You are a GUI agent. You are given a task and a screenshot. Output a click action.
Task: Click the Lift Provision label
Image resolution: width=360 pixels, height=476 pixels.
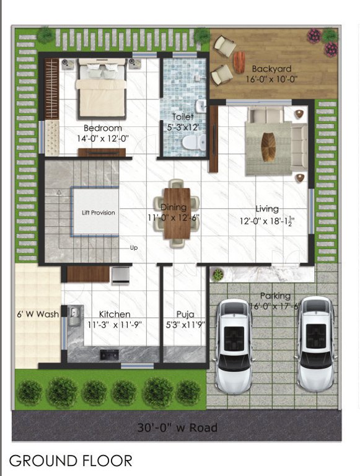[x=99, y=213]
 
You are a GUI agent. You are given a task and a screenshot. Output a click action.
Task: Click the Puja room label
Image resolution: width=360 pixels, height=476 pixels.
[x=185, y=314]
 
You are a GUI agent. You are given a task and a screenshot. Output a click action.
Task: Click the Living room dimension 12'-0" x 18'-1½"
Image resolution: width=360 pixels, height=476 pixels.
[x=267, y=221]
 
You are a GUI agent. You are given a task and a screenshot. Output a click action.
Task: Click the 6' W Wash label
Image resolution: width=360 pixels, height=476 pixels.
[x=38, y=314]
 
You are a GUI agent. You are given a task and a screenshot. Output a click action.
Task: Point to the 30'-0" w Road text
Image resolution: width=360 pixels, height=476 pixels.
[x=177, y=428]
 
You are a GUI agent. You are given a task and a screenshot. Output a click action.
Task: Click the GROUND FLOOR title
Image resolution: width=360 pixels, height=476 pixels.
[x=71, y=461]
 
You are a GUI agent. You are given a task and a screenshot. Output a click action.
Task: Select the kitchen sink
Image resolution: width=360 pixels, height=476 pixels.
[x=74, y=315]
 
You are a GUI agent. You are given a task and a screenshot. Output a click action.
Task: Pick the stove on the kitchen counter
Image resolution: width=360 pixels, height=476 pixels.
[x=111, y=355]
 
